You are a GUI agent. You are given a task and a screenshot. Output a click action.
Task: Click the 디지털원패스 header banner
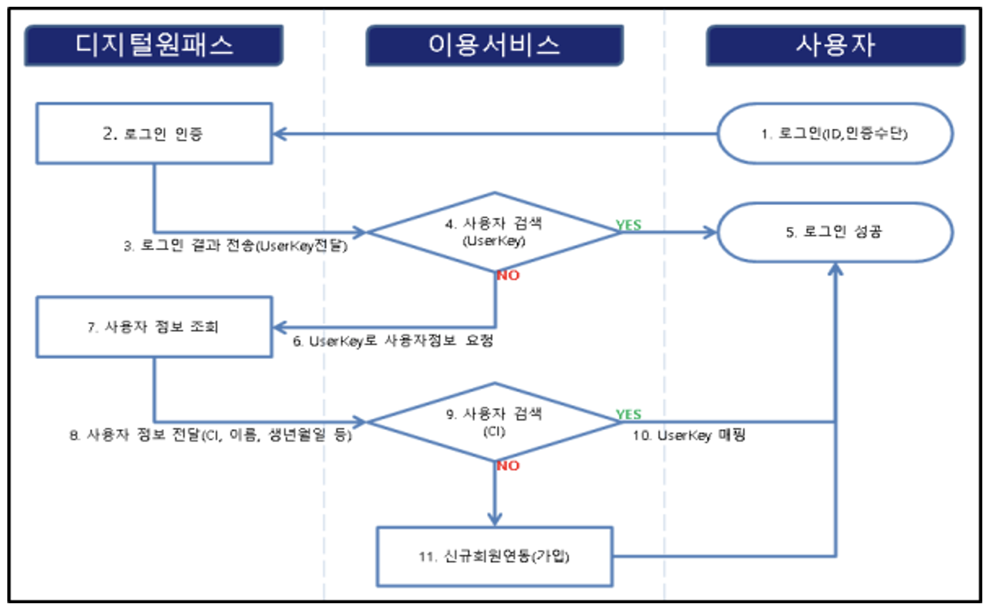153,45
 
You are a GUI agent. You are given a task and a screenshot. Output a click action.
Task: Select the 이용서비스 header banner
494,45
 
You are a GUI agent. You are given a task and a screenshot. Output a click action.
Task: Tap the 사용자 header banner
835,45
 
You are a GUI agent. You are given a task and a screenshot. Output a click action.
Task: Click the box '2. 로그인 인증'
154,134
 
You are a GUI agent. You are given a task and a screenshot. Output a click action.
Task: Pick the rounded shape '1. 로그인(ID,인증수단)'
835,134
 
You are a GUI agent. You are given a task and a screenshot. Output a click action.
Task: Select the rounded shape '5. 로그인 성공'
835,232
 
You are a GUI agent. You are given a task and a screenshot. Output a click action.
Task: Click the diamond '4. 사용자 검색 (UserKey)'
494,232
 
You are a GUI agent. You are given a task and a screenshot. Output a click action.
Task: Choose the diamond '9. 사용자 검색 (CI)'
494,422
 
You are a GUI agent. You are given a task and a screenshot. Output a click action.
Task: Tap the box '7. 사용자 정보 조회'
154,327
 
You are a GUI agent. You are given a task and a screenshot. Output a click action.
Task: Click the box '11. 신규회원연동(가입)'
494,556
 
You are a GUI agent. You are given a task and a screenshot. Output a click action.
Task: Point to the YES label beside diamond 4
629,225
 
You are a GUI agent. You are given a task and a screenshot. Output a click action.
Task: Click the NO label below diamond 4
508,276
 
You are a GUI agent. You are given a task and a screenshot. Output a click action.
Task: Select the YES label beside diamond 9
629,414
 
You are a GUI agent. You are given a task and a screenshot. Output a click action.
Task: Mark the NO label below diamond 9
508,466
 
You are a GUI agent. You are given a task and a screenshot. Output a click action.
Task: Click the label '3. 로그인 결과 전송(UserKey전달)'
235,246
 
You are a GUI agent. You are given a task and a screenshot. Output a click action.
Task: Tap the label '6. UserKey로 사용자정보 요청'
393,341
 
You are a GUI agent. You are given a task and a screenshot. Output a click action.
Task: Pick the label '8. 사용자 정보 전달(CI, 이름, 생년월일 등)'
210,435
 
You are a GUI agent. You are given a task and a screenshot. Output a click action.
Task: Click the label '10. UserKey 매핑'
689,435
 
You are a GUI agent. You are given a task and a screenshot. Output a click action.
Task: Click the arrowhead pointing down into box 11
495,519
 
